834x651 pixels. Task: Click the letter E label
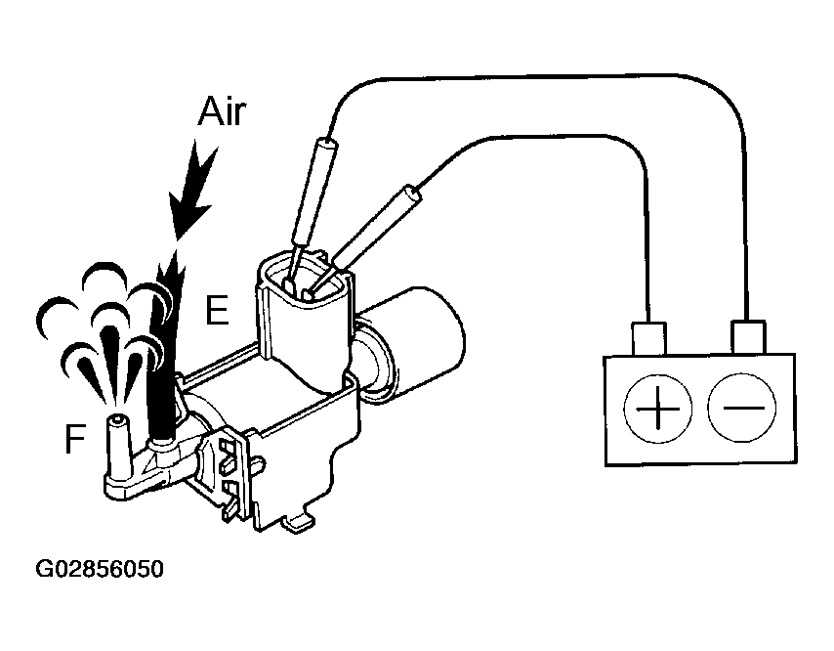click(x=217, y=311)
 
